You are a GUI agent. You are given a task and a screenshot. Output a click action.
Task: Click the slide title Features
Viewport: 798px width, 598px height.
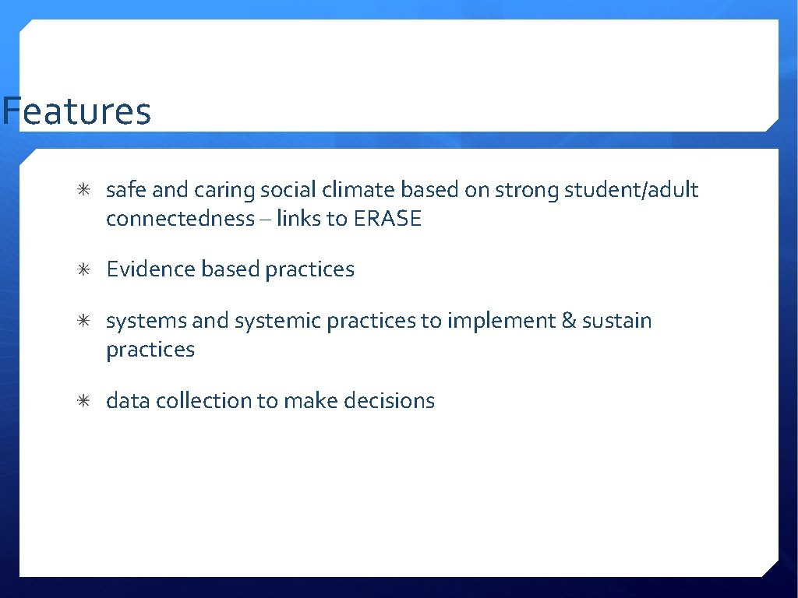(76, 111)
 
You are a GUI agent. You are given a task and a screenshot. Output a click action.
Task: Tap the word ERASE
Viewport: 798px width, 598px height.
(387, 219)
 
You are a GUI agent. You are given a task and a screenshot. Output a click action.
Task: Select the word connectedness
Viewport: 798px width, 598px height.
(180, 219)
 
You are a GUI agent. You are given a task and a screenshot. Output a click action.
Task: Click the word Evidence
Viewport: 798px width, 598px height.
(151, 269)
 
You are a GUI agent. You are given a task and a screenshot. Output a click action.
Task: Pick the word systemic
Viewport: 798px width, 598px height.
(278, 321)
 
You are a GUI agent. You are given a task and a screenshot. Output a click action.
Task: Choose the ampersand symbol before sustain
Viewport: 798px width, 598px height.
(569, 321)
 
